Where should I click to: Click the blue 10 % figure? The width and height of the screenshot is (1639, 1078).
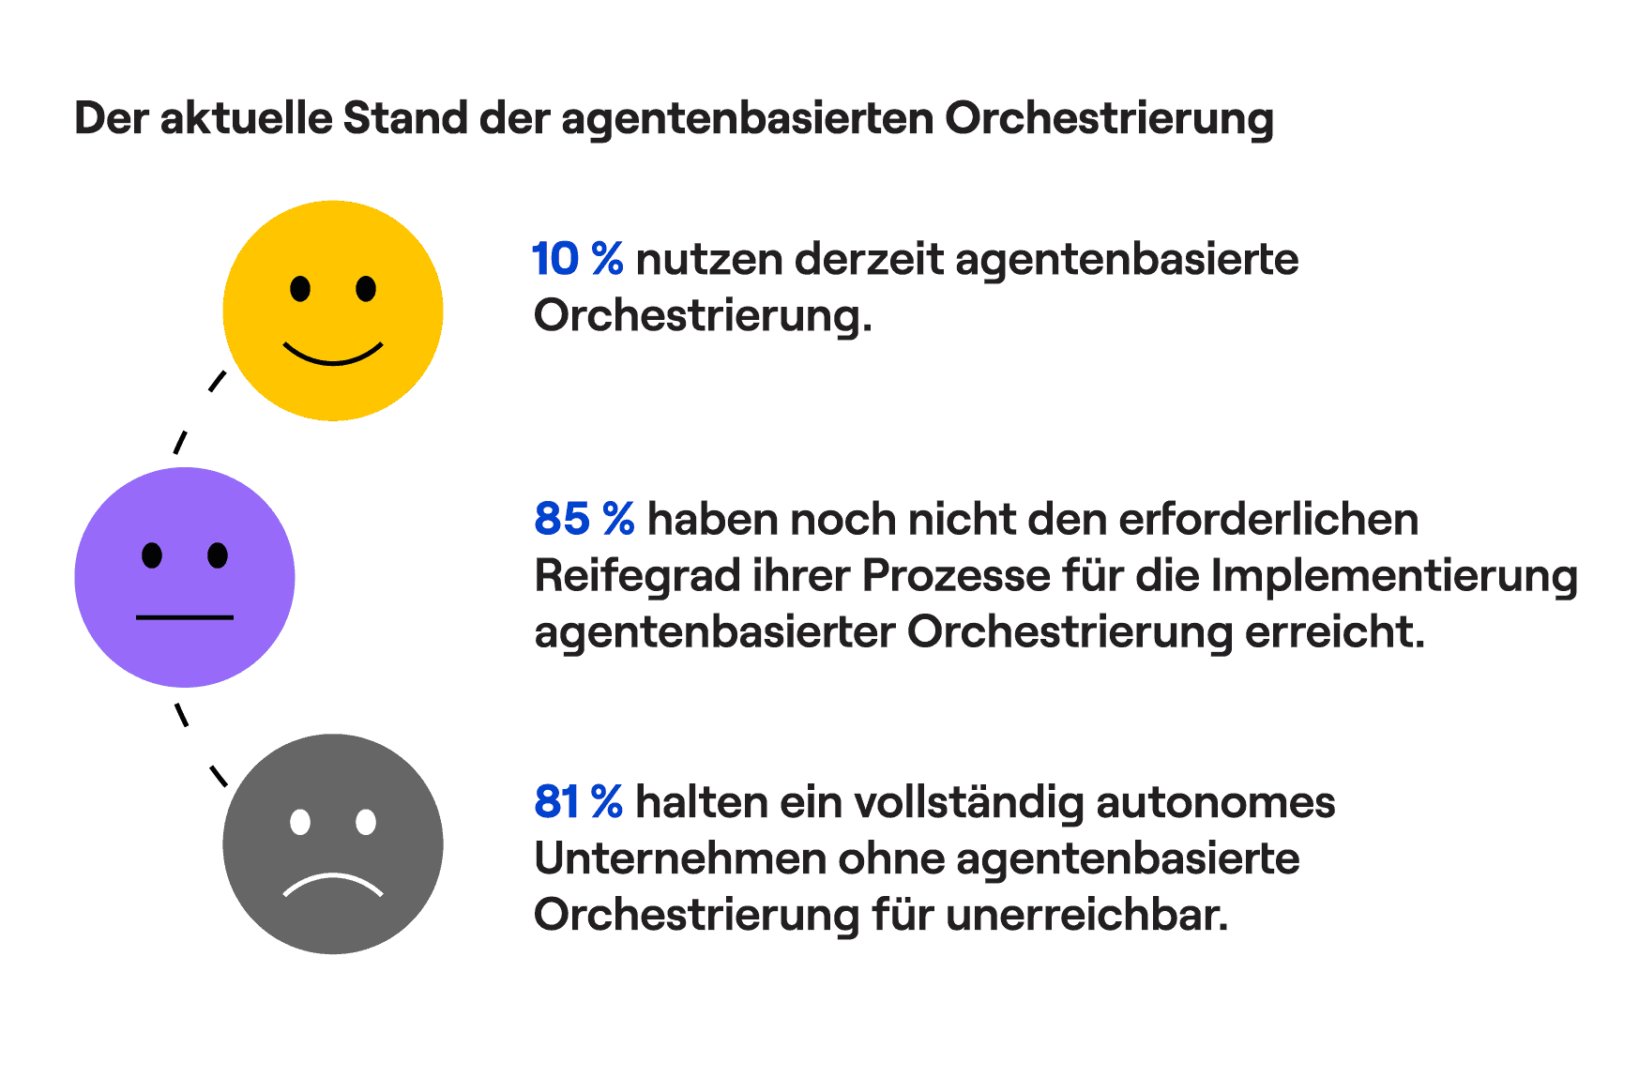click(577, 259)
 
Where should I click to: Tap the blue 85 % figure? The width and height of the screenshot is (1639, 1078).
click(584, 519)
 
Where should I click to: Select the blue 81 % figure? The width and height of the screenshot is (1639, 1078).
click(578, 802)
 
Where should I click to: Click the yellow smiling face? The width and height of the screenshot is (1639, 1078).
click(332, 311)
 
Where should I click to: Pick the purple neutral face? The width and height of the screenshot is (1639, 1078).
click(185, 577)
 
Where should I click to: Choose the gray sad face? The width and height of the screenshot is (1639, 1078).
click(332, 843)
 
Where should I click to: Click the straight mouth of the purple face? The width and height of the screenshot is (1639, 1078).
click(185, 617)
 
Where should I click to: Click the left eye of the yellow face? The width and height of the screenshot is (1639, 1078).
click(300, 288)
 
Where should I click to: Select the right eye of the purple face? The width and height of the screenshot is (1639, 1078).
click(218, 555)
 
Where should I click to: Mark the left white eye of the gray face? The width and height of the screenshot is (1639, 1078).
click(300, 822)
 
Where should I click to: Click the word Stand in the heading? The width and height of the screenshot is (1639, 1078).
click(404, 119)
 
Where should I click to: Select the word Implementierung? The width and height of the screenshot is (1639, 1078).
click(1394, 576)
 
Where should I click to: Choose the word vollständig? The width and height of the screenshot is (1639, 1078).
click(966, 803)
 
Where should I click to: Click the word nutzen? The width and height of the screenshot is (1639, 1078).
click(709, 260)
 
